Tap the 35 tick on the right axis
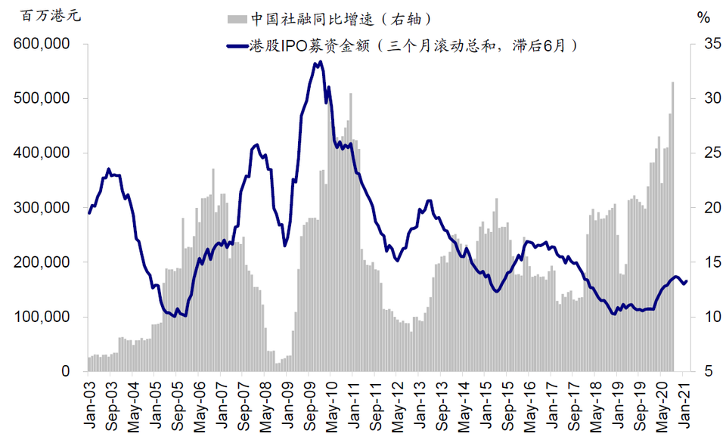tap(703, 45)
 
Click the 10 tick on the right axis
tap(703, 318)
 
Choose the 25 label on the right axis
tap(703, 153)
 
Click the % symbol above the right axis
tap(703, 16)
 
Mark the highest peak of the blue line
tap(321, 63)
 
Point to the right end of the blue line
tap(686, 281)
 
